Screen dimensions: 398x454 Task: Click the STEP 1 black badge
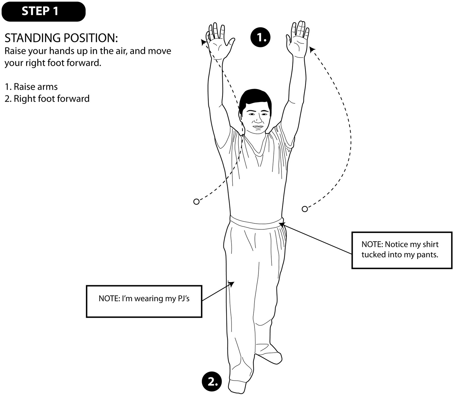coord(43,11)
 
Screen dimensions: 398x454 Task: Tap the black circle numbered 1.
coord(260,37)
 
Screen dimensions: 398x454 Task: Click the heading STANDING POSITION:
coord(61,38)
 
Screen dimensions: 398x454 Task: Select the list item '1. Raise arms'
coord(31,87)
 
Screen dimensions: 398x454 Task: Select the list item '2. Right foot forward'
coord(47,99)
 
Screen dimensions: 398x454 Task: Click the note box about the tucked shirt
coord(402,250)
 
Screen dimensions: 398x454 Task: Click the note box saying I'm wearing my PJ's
coord(144,301)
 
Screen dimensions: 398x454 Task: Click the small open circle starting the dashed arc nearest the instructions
coord(196,202)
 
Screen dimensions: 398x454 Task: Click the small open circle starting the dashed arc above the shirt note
coord(304,209)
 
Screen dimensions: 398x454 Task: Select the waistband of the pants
coord(257,222)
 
